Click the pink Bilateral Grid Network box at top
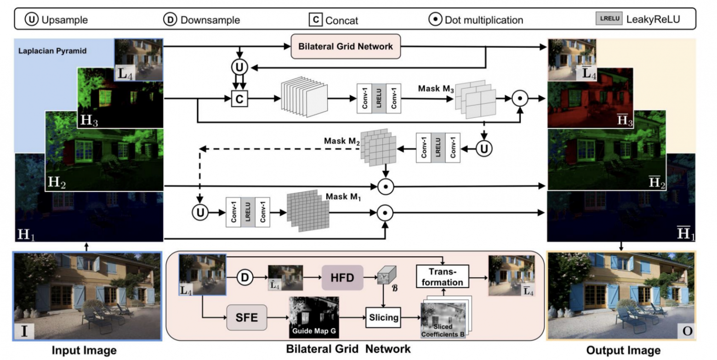[346, 46]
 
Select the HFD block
[342, 277]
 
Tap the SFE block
[246, 317]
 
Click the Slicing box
[383, 317]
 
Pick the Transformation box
[442, 276]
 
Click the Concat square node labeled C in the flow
[239, 99]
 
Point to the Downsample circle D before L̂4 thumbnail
[245, 277]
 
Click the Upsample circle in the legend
[31, 19]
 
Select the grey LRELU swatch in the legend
[609, 18]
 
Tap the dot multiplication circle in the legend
[435, 19]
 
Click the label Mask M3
[436, 89]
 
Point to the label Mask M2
[342, 141]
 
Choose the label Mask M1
[343, 197]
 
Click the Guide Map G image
[314, 317]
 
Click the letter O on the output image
[687, 331]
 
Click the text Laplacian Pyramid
[52, 51]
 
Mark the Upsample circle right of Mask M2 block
[484, 149]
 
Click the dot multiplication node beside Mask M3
[520, 98]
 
